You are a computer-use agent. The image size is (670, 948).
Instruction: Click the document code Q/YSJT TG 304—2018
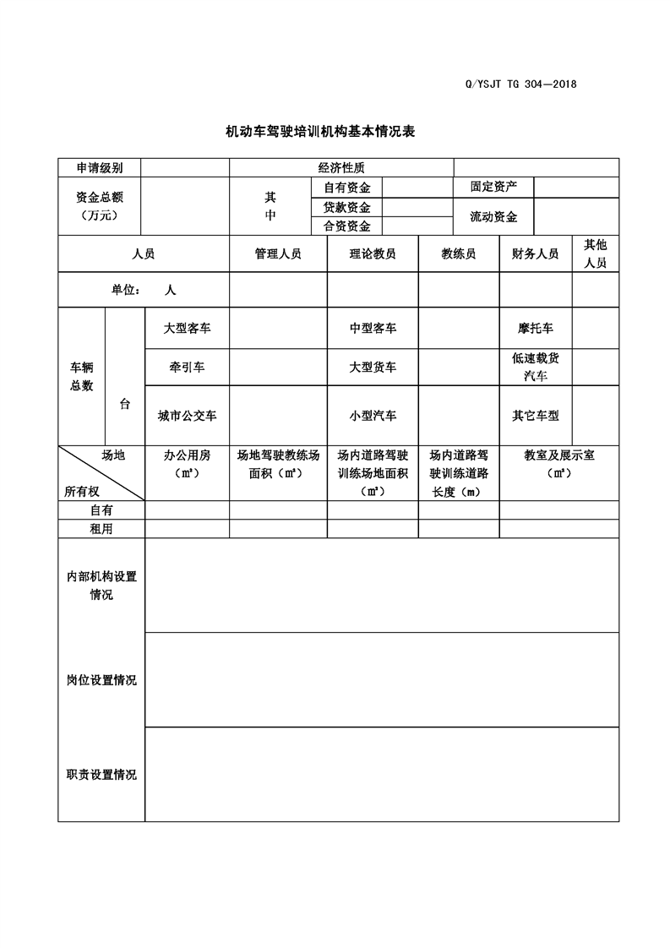tap(520, 84)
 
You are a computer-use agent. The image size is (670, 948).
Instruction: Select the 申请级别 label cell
tap(100, 168)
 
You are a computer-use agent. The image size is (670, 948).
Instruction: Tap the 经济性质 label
tap(341, 168)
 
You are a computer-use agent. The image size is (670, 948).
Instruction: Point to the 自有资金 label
tap(346, 188)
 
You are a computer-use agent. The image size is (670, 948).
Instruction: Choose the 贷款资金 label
tap(346, 207)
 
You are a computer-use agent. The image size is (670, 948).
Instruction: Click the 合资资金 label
tap(346, 226)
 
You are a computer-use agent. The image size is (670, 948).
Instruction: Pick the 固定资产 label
tap(493, 187)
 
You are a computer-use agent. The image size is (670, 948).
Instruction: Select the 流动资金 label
tap(493, 216)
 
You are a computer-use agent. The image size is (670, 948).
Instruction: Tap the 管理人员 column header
tap(278, 253)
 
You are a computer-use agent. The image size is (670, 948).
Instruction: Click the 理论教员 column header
tap(373, 253)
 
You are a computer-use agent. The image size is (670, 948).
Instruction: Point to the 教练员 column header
tap(459, 253)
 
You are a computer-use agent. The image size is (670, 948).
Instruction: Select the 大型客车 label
tap(187, 328)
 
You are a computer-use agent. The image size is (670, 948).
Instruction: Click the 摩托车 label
tap(536, 328)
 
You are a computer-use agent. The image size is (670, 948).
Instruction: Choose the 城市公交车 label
tap(187, 416)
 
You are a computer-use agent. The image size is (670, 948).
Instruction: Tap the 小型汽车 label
tap(373, 416)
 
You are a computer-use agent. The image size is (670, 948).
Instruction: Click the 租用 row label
tap(101, 529)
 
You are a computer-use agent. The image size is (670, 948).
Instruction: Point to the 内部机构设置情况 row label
tap(101, 586)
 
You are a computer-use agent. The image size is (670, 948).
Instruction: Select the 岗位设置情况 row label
tap(101, 680)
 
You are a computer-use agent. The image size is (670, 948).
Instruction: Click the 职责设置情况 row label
tap(101, 774)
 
